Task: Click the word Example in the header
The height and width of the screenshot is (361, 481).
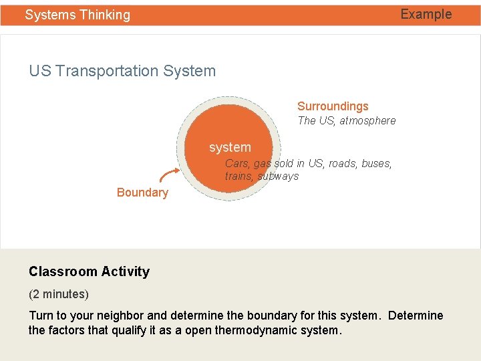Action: [426, 14]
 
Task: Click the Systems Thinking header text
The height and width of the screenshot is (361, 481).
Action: [77, 15]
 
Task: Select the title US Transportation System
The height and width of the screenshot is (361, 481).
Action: [122, 71]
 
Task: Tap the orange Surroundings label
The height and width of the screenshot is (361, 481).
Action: [333, 106]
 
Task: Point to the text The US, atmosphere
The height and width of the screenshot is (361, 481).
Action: [346, 121]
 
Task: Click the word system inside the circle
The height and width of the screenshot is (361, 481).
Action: [230, 147]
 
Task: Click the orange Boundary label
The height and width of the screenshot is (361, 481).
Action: [142, 193]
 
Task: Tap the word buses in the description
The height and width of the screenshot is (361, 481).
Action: [376, 163]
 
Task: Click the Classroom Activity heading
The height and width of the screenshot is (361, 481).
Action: [89, 271]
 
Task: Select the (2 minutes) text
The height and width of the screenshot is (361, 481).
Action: [59, 294]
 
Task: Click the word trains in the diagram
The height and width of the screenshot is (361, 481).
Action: [238, 176]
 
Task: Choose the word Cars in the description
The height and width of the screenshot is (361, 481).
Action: [236, 163]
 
